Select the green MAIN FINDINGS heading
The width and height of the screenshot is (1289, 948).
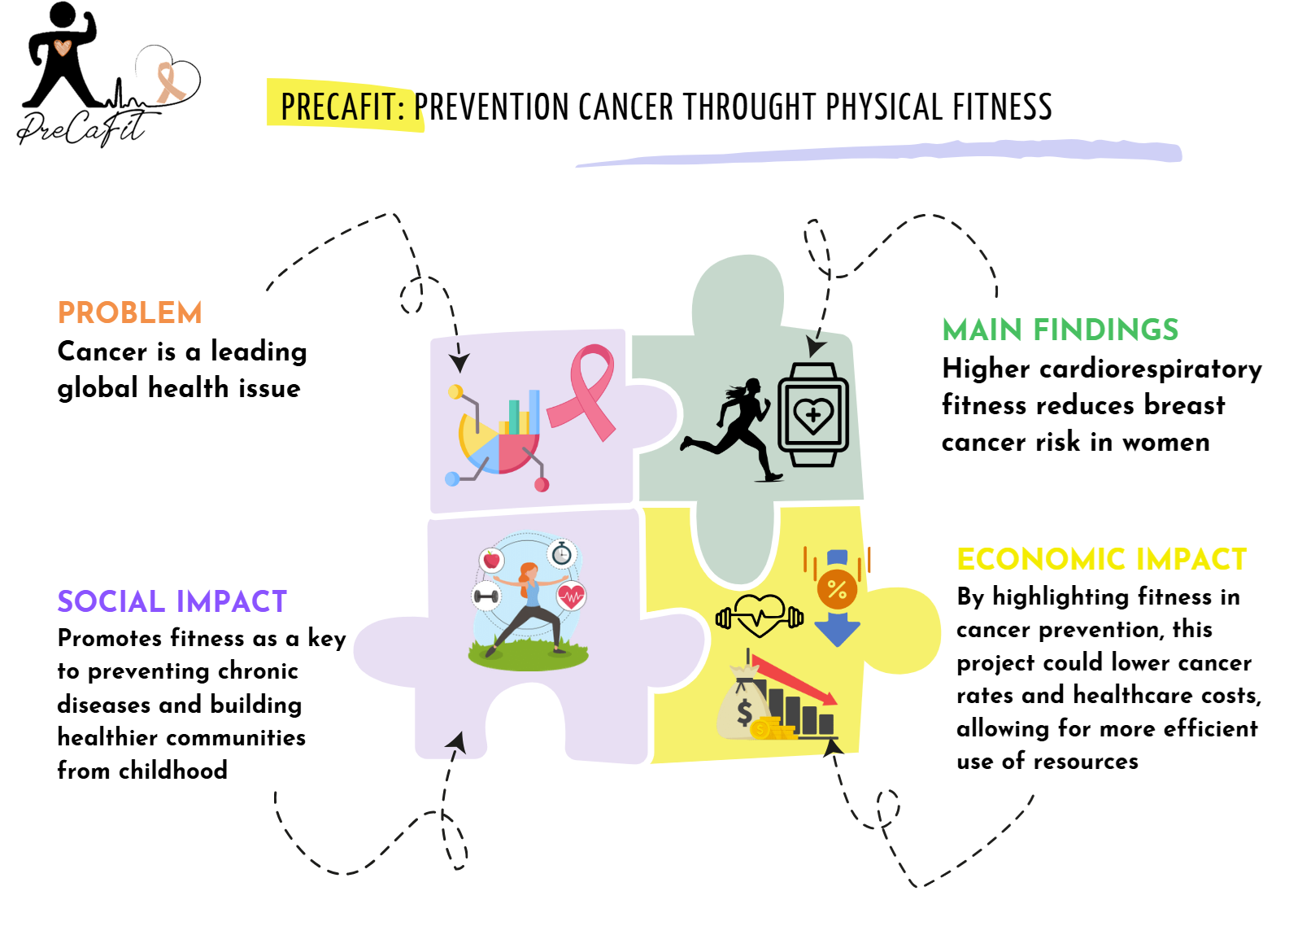point(1060,330)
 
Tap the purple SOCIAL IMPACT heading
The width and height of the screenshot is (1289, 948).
point(172,602)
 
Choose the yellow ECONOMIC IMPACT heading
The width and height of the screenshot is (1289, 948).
point(1101,560)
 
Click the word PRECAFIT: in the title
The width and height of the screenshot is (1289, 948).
point(343,107)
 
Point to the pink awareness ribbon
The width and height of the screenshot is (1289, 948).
point(582,392)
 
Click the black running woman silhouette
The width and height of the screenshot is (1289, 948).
point(732,430)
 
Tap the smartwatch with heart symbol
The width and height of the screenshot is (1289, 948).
point(813,415)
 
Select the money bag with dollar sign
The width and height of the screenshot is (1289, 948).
point(744,702)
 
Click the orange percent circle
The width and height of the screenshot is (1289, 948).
point(837,588)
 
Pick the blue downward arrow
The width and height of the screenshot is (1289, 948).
point(838,630)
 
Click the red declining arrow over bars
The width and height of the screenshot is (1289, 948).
point(794,679)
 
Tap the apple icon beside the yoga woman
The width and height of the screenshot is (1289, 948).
point(491,560)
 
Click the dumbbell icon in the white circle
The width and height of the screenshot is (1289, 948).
point(486,596)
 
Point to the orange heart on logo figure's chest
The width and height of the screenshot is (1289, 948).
point(63,47)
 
